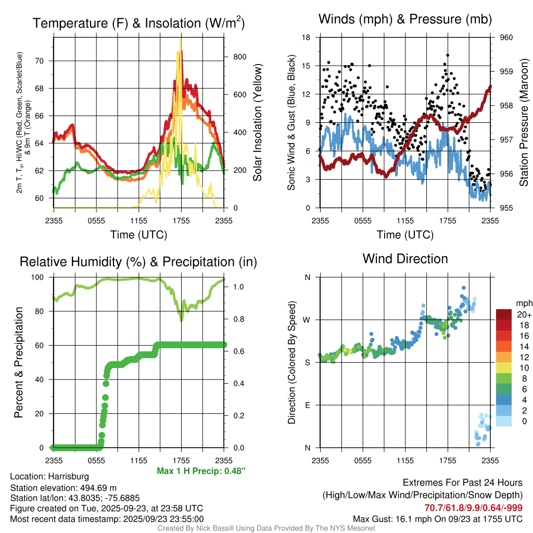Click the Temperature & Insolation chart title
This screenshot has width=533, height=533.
138,23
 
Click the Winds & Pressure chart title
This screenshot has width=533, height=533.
405,19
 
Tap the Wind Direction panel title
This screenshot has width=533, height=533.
405,258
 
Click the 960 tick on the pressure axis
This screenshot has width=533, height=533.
506,37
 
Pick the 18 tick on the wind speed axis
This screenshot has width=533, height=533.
306,37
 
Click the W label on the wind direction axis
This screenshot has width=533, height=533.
307,320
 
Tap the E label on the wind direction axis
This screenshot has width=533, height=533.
308,405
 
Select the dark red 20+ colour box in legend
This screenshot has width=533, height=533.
505,314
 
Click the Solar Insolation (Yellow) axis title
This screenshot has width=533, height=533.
257,123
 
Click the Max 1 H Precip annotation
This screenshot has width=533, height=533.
201,471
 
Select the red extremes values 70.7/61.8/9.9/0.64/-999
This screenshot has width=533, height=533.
473,508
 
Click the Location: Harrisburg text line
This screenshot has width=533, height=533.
49,476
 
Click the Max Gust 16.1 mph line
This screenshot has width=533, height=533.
437,518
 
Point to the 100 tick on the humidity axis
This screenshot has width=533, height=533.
41,277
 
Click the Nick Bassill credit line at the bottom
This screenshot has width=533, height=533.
266,528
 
